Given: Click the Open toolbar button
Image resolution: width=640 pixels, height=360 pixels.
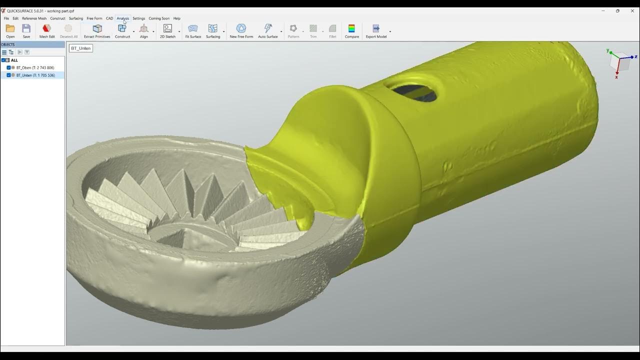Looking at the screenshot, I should pyautogui.click(x=10, y=30).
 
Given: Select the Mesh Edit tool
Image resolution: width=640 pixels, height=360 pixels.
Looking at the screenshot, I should pyautogui.click(x=47, y=30).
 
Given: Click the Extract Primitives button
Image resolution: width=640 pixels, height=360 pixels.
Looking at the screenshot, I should pyautogui.click(x=97, y=30).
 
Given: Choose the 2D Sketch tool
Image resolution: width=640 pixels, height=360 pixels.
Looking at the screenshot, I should pyautogui.click(x=167, y=30).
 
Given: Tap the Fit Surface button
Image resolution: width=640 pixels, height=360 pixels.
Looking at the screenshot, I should pyautogui.click(x=193, y=30).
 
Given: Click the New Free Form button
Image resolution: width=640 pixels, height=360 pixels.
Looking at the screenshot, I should pyautogui.click(x=241, y=30).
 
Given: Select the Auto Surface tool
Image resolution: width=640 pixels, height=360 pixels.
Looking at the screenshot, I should pyautogui.click(x=268, y=30).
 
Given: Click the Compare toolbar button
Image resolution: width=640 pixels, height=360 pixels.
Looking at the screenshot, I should pyautogui.click(x=351, y=30).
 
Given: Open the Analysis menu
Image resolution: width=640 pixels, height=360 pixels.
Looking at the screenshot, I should pyautogui.click(x=122, y=18).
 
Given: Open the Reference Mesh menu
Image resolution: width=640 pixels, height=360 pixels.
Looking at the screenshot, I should pyautogui.click(x=34, y=18).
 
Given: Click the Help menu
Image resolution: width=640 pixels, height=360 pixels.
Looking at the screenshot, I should pyautogui.click(x=176, y=18).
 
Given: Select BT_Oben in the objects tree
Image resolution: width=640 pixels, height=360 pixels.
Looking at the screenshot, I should pyautogui.click(x=35, y=67).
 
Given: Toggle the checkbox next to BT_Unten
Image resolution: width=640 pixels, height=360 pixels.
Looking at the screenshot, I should pyautogui.click(x=8, y=75).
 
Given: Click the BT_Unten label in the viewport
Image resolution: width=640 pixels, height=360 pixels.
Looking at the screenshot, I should pyautogui.click(x=80, y=48).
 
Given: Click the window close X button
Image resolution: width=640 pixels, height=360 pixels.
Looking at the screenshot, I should pyautogui.click(x=632, y=10).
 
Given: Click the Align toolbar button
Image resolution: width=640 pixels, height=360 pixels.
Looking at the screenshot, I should pyautogui.click(x=143, y=30).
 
